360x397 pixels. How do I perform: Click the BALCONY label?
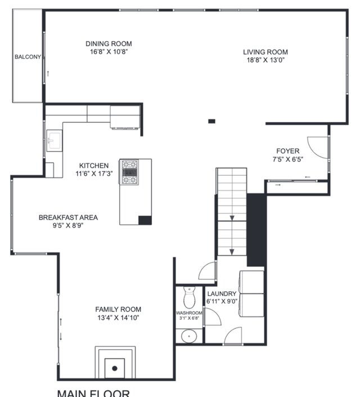coord(28,57)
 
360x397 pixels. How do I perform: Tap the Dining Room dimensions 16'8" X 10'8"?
coord(109,52)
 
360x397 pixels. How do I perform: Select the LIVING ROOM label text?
coord(265,52)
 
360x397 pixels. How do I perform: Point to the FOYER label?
coord(288,151)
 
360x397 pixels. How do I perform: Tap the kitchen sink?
coord(54,141)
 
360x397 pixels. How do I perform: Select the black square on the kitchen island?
coord(145,220)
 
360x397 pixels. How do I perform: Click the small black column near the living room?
coord(211,121)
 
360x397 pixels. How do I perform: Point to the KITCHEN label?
coord(94,166)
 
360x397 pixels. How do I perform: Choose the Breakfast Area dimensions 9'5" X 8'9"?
coord(68,225)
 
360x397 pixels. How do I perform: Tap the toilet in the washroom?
coord(189,297)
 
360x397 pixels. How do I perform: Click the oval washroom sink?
coord(189,336)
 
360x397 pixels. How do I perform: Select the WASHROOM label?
coord(189,313)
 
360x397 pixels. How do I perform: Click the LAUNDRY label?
coord(222,294)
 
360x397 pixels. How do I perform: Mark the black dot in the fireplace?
coord(115,368)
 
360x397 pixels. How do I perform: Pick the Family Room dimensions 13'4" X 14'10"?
coord(118,318)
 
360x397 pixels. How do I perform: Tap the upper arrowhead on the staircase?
coord(232,218)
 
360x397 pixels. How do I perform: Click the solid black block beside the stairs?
coord(256,230)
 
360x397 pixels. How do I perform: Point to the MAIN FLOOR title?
coord(93,393)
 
